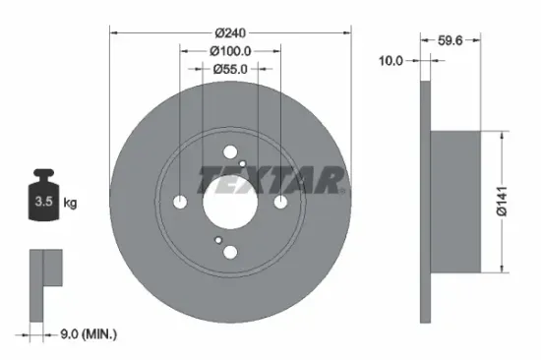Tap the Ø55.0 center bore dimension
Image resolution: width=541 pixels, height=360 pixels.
coord(229,69)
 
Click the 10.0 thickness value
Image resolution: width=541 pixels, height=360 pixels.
coord(391,61)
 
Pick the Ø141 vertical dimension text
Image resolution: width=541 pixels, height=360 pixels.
coord(502,201)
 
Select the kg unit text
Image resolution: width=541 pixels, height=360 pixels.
coord(71,204)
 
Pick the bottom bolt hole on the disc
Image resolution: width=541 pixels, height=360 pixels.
coord(229,253)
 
